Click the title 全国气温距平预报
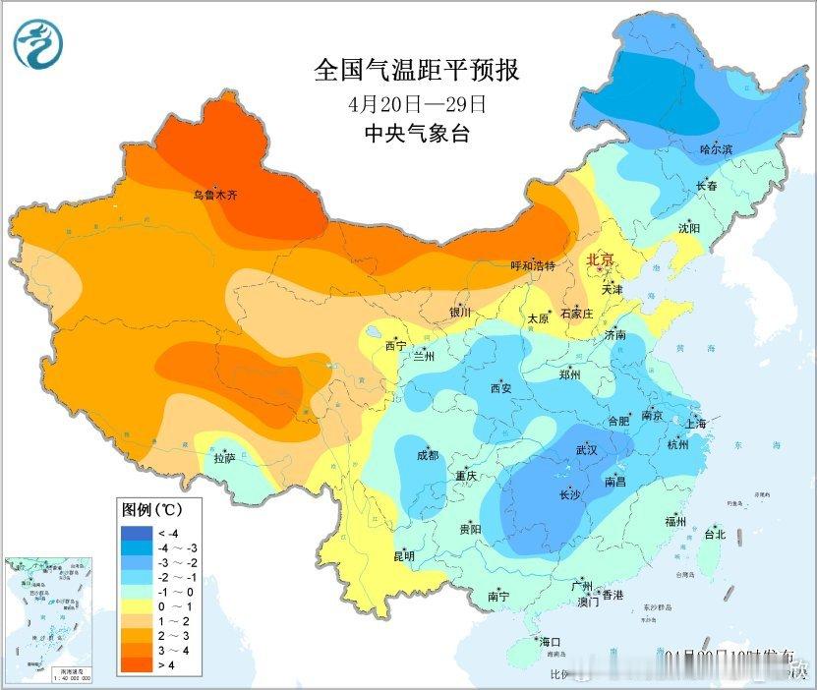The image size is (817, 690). (x=416, y=71)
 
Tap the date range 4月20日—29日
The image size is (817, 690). (x=417, y=103)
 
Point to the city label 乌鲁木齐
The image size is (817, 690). (x=214, y=196)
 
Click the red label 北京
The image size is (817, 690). (x=599, y=259)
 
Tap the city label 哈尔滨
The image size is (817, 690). (x=717, y=149)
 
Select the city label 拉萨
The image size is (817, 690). (x=224, y=457)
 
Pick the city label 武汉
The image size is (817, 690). (x=586, y=449)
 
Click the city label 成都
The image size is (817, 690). (x=428, y=455)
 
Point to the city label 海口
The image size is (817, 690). (x=549, y=642)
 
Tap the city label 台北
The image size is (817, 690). (x=714, y=535)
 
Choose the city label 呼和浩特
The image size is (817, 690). (x=533, y=266)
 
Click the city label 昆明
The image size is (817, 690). (x=404, y=555)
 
